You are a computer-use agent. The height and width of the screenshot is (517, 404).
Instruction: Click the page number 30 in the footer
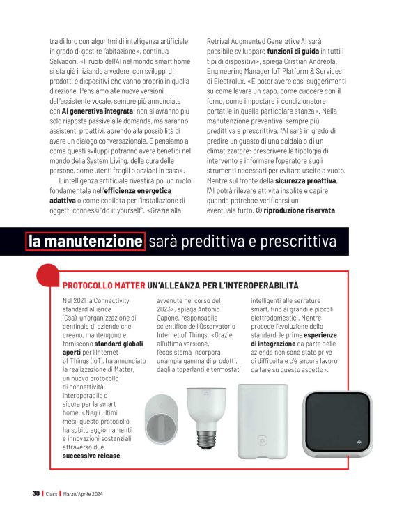[x=36, y=493]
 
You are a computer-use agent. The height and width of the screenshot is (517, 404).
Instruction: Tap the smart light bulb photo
[x=207, y=417]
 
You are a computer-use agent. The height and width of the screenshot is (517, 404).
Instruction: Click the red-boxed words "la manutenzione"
[x=85, y=241]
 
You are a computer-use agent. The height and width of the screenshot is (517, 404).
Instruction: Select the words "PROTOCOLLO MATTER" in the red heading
[x=103, y=286]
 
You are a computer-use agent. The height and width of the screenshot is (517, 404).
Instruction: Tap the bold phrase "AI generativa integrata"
[x=97, y=111]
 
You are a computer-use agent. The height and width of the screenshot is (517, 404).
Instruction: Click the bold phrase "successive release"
[x=91, y=456]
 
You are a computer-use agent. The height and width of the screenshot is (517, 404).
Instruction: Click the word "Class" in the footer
[x=52, y=493]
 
